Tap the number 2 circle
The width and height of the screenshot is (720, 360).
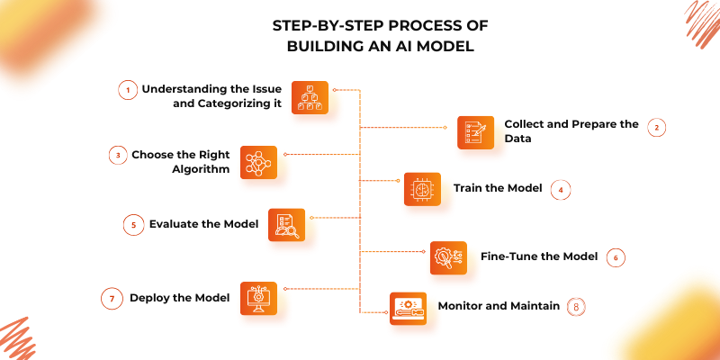657,127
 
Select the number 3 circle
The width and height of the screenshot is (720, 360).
117,155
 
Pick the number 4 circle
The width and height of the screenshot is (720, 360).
561,189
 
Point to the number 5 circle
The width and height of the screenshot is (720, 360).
133,225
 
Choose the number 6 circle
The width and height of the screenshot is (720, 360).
615,257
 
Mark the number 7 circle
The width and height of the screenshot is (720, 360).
112,298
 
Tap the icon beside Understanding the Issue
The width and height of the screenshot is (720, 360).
310,98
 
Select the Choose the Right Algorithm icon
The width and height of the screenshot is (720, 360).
258,163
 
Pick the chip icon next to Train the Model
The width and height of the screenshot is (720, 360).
421,190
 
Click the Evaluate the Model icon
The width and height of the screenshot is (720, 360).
287,226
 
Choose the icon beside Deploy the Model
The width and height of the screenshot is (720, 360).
258,298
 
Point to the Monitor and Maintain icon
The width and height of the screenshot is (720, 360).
408,308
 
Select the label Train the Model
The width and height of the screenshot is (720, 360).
498,188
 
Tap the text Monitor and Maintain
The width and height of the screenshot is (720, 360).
498,305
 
